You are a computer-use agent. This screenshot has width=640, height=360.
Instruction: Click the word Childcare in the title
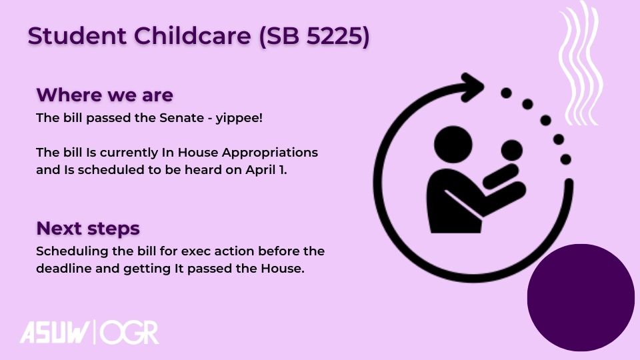click(x=192, y=35)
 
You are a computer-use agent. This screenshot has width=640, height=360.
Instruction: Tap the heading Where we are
click(x=105, y=95)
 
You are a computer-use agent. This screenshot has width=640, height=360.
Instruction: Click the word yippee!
click(x=239, y=119)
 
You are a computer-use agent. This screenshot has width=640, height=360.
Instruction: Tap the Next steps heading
click(x=88, y=229)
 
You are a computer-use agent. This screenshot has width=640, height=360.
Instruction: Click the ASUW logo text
click(x=55, y=332)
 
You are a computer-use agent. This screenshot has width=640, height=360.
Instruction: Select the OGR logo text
click(x=129, y=332)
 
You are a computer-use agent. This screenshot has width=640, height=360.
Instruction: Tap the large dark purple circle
click(x=581, y=297)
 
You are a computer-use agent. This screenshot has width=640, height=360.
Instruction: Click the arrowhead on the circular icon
click(x=473, y=87)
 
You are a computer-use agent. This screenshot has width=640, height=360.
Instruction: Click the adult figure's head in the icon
click(x=453, y=145)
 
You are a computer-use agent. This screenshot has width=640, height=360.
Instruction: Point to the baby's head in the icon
click(x=511, y=150)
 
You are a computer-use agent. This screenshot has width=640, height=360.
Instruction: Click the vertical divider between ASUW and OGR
click(x=95, y=332)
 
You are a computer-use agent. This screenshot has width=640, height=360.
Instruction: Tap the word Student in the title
click(x=77, y=35)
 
